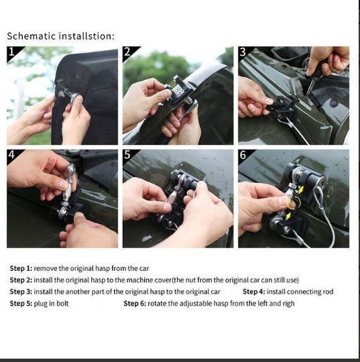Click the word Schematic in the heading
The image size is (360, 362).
click(x=32, y=36)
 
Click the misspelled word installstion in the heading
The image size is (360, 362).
click(x=86, y=36)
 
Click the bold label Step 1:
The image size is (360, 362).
click(x=21, y=268)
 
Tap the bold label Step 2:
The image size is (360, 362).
click(x=21, y=280)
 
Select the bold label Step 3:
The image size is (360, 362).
click(x=21, y=292)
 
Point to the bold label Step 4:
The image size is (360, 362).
click(x=254, y=292)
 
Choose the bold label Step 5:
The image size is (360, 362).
click(x=21, y=304)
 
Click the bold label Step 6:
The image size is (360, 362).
click(x=135, y=304)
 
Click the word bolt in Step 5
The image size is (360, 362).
click(x=62, y=303)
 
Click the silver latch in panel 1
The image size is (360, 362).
click(x=68, y=95)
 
